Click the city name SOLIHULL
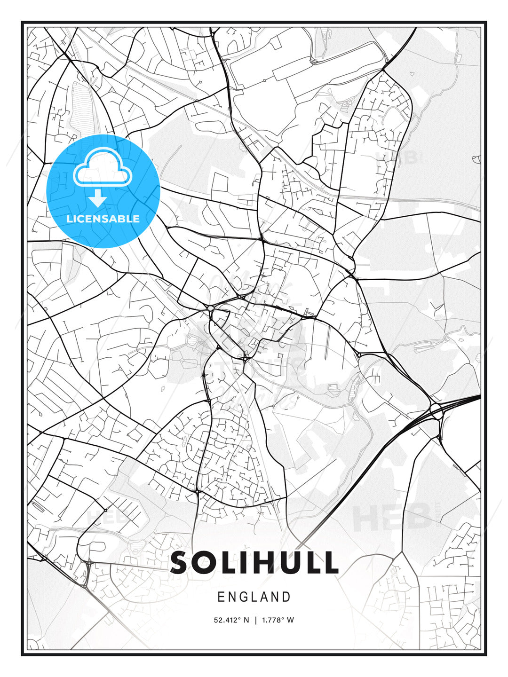254,563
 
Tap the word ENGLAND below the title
254,597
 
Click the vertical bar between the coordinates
255,620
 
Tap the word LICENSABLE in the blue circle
103,219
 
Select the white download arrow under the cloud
98,198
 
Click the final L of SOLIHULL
330,563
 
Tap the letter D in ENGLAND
286,597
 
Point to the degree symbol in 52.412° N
238,618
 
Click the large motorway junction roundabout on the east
435,408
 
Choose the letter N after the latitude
246,620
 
